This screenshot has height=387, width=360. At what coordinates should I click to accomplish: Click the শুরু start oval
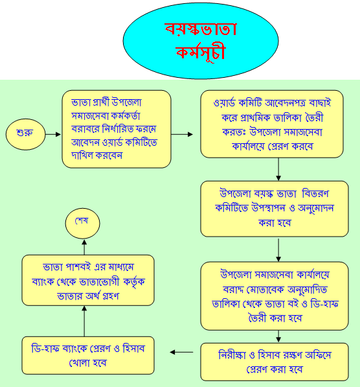pos(26,134)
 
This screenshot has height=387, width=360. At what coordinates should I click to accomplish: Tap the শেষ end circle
pos(83,223)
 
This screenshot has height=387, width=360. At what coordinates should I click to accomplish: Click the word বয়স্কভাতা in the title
pos(201,30)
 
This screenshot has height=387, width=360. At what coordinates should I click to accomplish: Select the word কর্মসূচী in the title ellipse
pos(201,52)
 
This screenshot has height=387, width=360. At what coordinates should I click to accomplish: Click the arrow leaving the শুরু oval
pos(53,134)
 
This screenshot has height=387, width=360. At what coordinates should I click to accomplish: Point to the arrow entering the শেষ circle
pos(84,247)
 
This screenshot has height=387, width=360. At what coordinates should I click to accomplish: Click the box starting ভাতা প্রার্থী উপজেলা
pos(117,129)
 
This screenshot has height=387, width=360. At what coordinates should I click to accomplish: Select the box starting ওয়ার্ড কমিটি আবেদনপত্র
pos(272,124)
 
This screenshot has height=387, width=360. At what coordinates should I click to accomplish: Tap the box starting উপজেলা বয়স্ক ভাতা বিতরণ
pos(275,209)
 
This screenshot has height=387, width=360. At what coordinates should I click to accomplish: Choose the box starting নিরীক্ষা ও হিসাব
pos(275,362)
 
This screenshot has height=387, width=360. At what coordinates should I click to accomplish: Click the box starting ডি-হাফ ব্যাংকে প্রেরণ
pos(88,355)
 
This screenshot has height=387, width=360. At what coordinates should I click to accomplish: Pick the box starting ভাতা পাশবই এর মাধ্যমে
pos(88,281)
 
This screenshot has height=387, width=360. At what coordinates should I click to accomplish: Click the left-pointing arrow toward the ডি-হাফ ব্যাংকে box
pos(181,352)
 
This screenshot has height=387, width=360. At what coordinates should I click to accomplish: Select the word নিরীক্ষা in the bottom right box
pos(232,355)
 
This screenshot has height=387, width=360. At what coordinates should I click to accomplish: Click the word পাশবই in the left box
pos(78,267)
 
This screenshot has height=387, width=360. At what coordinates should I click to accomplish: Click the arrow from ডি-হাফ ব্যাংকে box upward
pos(84,321)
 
